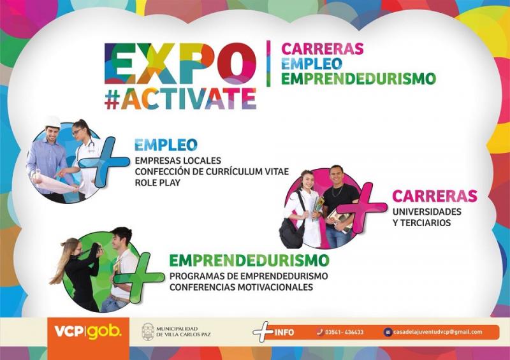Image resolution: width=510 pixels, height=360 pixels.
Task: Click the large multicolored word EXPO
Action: point(180,64)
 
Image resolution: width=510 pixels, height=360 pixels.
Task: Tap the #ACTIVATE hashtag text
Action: point(180,99)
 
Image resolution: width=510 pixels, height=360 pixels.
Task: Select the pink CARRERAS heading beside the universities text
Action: point(435,196)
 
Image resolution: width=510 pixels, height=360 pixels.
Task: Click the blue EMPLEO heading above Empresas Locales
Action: point(166,145)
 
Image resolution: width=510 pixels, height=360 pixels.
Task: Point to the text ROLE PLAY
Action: point(157,183)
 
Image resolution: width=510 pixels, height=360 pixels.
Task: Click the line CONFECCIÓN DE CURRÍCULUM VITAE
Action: point(212,171)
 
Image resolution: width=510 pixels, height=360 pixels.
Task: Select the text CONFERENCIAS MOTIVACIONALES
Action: point(241,287)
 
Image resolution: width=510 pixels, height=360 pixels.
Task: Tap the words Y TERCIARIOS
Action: point(421,223)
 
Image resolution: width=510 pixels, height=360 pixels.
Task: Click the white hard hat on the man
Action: point(53,122)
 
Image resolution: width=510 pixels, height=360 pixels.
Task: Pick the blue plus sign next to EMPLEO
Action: point(103,162)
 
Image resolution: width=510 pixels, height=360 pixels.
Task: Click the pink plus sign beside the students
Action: point(361,207)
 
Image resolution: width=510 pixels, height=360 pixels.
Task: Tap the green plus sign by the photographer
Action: point(140,277)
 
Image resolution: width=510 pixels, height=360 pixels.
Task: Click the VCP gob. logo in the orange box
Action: point(88,332)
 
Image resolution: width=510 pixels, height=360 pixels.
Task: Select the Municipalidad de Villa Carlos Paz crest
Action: point(148,332)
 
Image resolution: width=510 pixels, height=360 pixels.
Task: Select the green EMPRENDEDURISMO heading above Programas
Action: point(249,260)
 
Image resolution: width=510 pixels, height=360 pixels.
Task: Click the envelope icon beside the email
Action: point(388,332)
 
